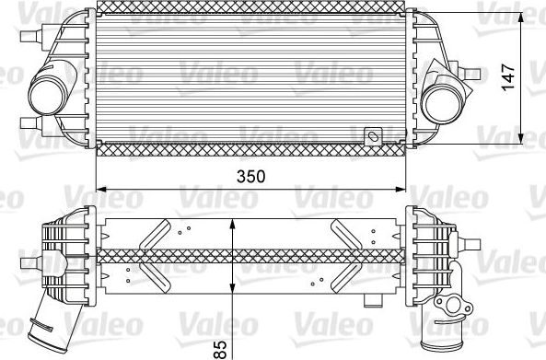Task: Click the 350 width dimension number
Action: (x=251, y=177)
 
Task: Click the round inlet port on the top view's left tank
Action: (x=46, y=92)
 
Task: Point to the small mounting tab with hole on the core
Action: (x=373, y=136)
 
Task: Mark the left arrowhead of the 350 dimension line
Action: (x=102, y=189)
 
